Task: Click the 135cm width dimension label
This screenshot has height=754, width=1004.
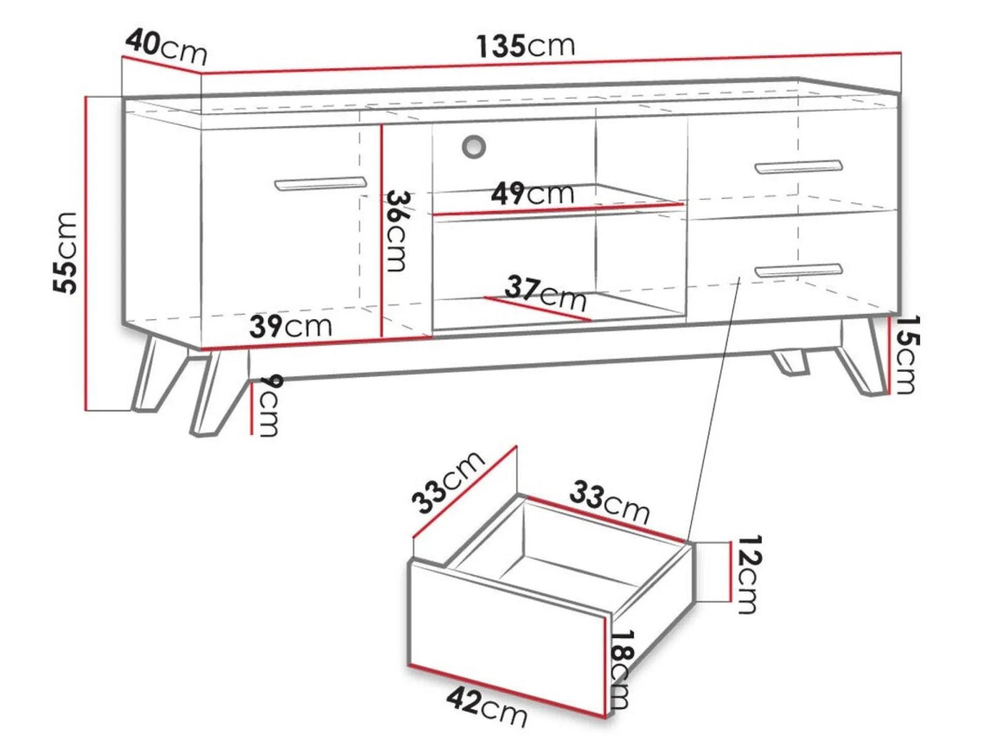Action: pyautogui.click(x=525, y=46)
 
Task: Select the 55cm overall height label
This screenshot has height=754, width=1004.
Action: pyautogui.click(x=66, y=253)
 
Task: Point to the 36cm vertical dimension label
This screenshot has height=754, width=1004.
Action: pyautogui.click(x=398, y=231)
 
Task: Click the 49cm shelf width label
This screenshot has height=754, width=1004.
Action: pyautogui.click(x=532, y=194)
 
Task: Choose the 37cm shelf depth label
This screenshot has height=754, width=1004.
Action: pyautogui.click(x=545, y=292)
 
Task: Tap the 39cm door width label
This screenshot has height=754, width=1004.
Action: pyautogui.click(x=290, y=326)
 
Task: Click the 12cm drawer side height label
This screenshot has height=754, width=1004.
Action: pyautogui.click(x=748, y=574)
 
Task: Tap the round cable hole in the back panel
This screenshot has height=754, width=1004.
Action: pyautogui.click(x=474, y=146)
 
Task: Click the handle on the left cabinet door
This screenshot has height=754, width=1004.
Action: pyautogui.click(x=320, y=184)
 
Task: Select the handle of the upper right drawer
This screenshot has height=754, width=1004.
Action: pyautogui.click(x=798, y=167)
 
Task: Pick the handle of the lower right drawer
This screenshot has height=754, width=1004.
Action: pyautogui.click(x=798, y=270)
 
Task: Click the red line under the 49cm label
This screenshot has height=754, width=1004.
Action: pyautogui.click(x=558, y=209)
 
